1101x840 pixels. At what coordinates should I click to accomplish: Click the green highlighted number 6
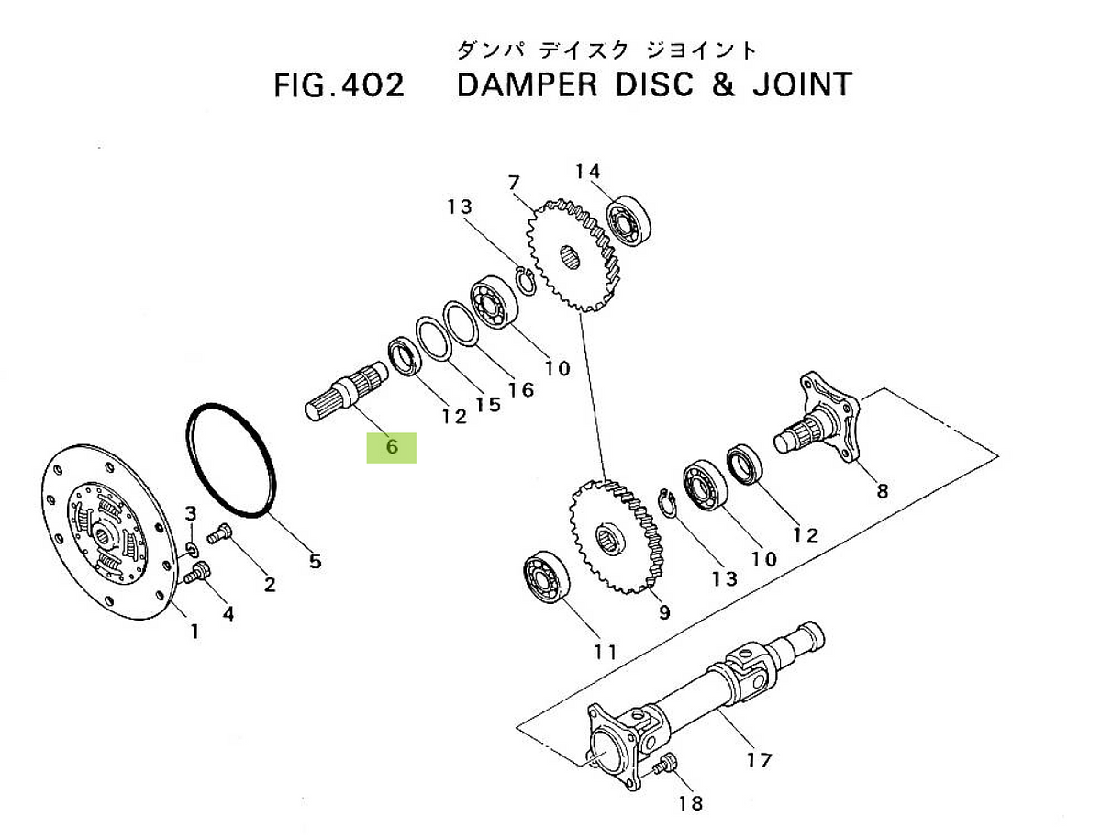click(392, 448)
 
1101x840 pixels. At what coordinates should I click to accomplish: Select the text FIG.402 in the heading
click(339, 85)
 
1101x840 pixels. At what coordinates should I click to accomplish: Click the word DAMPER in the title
click(526, 85)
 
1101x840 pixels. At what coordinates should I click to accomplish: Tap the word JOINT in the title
click(794, 85)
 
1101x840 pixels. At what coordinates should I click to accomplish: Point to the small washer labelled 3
click(191, 550)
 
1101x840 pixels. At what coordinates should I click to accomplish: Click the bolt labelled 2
click(221, 532)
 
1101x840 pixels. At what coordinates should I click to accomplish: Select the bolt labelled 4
click(195, 576)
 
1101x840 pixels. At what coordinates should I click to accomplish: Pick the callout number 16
click(519, 390)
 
